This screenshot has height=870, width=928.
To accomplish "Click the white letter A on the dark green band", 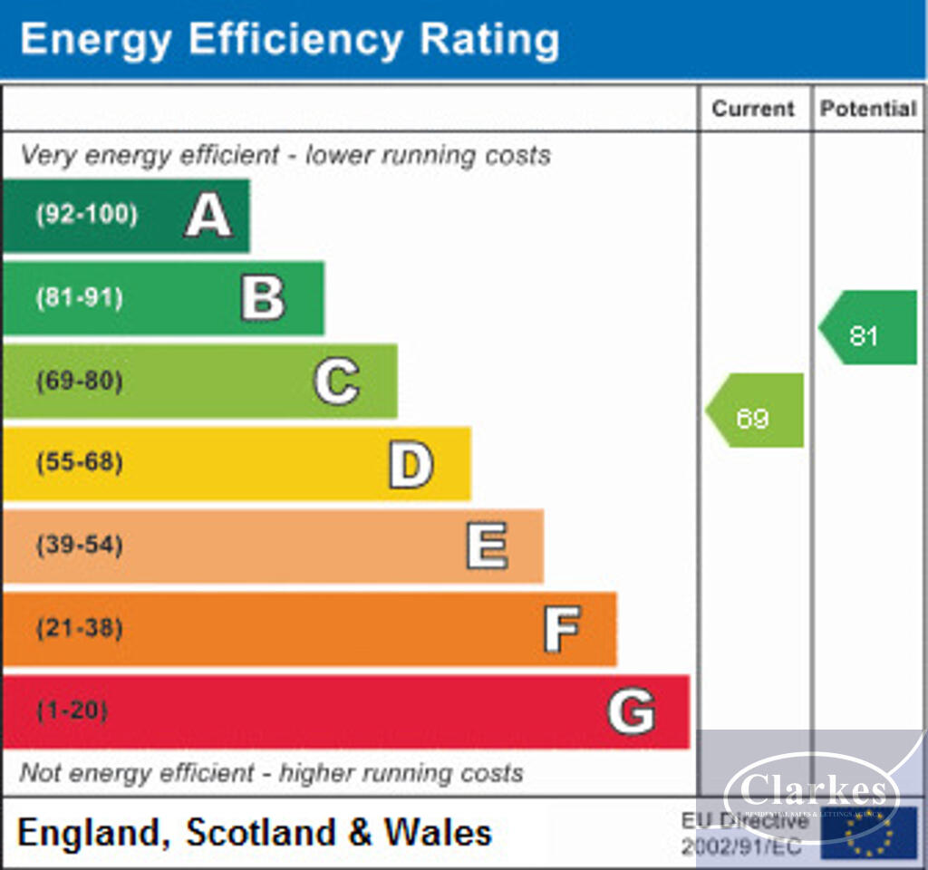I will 208,217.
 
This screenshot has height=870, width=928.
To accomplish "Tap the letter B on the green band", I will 263,298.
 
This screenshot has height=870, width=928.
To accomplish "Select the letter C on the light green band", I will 336,382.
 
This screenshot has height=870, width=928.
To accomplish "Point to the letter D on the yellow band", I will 411,464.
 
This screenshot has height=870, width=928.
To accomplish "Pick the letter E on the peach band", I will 487,546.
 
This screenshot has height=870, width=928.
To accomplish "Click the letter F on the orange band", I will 561,629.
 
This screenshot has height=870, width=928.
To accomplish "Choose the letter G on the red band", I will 631,711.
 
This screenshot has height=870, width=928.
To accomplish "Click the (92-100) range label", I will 87,216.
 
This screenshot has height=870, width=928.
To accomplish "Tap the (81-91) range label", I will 80,298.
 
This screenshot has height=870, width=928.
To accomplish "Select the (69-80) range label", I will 80,381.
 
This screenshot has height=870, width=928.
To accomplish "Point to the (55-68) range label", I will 80,463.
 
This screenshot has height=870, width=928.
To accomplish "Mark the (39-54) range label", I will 80,546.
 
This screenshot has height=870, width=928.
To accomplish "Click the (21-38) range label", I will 80,628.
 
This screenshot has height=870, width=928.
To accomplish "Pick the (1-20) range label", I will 72,710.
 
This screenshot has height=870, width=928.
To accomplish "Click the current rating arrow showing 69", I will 756,411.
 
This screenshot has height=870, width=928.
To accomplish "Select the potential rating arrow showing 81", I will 868,328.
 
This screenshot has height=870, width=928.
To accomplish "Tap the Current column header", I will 753,109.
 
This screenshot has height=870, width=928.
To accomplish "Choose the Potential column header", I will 868,109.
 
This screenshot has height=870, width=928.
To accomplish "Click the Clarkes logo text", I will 813,790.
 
